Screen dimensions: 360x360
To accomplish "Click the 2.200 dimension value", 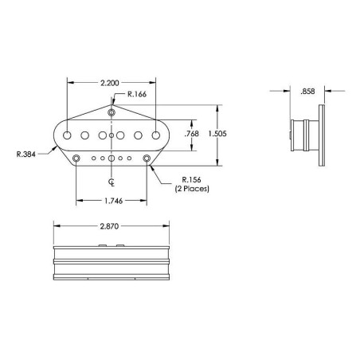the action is click(x=110, y=83).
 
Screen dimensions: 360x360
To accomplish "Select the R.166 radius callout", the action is click(x=137, y=94).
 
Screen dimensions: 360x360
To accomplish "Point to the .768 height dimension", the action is click(x=191, y=134).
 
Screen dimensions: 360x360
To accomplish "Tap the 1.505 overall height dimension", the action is click(x=217, y=134).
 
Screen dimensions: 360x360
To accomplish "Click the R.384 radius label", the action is click(x=26, y=155).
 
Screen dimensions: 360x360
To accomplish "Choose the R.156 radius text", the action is click(x=191, y=180).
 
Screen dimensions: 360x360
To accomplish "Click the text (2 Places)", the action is click(x=192, y=189).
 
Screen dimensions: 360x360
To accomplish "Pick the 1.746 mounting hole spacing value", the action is click(x=114, y=201).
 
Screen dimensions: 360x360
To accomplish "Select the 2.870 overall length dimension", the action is click(x=109, y=226).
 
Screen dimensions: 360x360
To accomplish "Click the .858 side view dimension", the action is click(x=307, y=92).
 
